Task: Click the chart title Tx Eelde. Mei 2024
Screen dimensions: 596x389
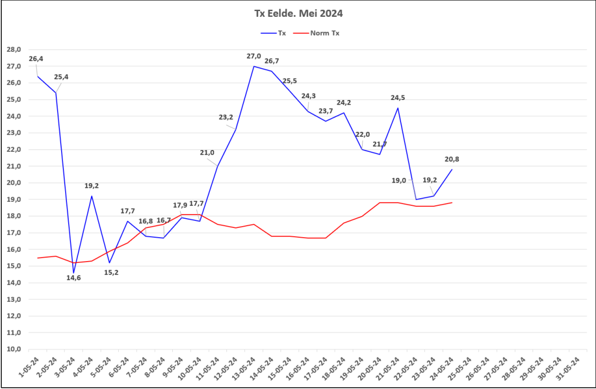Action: point(299,13)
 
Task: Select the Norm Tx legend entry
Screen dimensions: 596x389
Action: point(316,33)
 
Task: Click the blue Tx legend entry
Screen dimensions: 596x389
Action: point(274,33)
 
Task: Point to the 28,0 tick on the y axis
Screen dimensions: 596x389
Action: point(14,49)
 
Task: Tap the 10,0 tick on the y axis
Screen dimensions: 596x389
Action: point(14,349)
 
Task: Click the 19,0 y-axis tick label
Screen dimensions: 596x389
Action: point(14,199)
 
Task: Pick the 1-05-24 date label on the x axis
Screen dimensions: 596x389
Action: point(29,367)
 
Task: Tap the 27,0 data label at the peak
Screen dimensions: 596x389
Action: point(254,56)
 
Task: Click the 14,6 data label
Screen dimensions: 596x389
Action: point(73,278)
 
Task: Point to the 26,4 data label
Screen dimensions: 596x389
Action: point(36,59)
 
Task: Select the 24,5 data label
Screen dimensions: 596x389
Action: point(398,98)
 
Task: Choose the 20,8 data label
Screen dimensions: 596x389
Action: point(452,159)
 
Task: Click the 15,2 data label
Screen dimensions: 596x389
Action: point(111,272)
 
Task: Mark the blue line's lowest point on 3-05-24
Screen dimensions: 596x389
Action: point(74,273)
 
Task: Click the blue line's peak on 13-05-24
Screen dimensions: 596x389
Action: point(254,66)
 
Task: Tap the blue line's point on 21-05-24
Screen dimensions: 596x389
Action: point(398,108)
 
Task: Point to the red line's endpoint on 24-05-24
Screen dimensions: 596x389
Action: point(452,202)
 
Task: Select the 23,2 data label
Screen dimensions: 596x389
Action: point(226,117)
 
